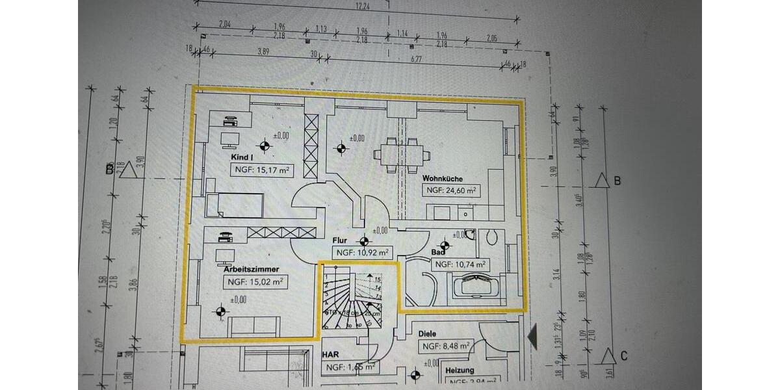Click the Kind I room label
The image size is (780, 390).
click(242, 157)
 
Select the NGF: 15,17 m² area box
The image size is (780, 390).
click(261, 170)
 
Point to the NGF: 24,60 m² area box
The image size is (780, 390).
click(452, 190)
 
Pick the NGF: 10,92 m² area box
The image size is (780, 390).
click(362, 252)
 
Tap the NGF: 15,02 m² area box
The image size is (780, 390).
click(255, 282)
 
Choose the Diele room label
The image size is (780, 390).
click(427, 333)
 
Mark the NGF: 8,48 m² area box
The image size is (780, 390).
click(445, 346)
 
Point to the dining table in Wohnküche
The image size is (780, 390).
click(402, 155)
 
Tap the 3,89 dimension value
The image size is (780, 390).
click(263, 51)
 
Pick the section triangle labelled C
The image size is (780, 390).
click(608, 356)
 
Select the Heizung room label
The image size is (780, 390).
click(460, 370)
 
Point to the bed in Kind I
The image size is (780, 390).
click(234, 205)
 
